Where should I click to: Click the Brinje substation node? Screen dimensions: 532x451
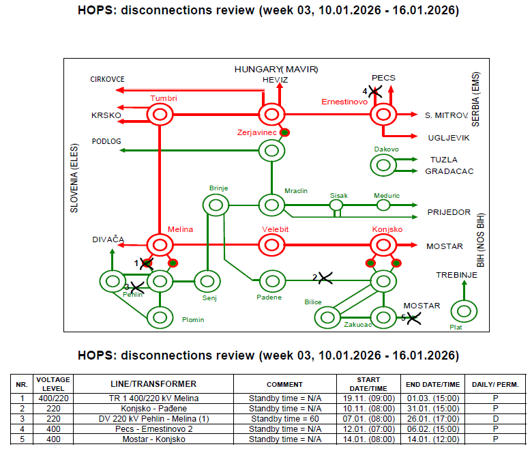click(216, 195)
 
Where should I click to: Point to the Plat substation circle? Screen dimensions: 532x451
click(464, 302)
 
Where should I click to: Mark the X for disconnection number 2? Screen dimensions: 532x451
click(325, 278)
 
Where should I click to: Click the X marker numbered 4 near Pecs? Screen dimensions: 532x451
click(375, 91)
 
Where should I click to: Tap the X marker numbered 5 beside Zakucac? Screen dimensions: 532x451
click(413, 319)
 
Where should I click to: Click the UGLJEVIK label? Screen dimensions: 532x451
click(449, 138)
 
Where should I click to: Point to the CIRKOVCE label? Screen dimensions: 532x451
click(107, 79)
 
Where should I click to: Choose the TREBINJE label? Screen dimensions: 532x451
click(456, 275)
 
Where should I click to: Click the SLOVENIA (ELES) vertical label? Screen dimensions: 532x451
click(74, 178)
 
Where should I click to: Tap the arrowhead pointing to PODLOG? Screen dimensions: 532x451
click(122, 150)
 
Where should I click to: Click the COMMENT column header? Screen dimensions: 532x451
click(284, 385)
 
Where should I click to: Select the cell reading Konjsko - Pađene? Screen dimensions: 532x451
click(153, 409)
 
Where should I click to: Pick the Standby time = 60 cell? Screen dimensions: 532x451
click(285, 419)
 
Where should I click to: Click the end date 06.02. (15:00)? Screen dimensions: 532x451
click(433, 429)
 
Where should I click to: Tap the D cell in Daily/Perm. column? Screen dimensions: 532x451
click(495, 419)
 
